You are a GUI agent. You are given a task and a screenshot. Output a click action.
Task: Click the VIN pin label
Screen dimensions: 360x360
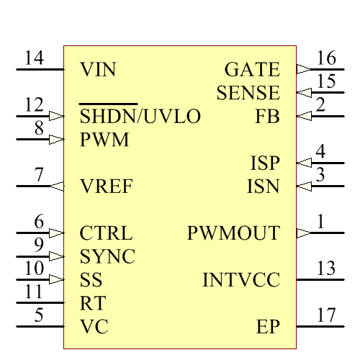click(x=98, y=70)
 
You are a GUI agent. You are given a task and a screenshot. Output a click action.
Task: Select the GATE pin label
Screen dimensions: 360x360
click(x=252, y=70)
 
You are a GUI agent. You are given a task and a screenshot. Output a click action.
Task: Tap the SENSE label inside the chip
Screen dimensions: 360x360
click(x=248, y=93)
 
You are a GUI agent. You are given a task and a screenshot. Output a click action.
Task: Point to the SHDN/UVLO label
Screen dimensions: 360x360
click(x=140, y=117)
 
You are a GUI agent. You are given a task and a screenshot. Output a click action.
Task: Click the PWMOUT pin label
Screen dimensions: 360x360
click(x=233, y=233)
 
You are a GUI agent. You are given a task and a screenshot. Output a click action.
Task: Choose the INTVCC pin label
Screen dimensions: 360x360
click(x=240, y=280)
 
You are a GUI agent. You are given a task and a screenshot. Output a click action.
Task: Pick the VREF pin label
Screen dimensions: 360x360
click(x=106, y=187)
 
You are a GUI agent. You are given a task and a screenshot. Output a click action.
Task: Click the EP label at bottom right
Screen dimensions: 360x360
click(x=268, y=327)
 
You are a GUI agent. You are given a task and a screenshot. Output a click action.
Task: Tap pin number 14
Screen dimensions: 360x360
click(x=34, y=58)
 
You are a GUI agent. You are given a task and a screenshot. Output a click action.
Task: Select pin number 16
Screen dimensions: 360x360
click(x=326, y=58)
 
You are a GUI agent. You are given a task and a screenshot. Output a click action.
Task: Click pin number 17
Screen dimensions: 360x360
click(x=326, y=315)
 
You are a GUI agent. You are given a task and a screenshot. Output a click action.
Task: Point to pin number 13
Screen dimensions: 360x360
click(x=326, y=269)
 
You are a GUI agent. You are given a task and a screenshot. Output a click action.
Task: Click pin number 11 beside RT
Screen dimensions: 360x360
click(x=34, y=292)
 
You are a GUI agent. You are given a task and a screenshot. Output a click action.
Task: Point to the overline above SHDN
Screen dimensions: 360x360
click(x=108, y=104)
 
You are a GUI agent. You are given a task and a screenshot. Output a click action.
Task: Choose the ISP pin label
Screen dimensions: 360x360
click(x=265, y=163)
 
